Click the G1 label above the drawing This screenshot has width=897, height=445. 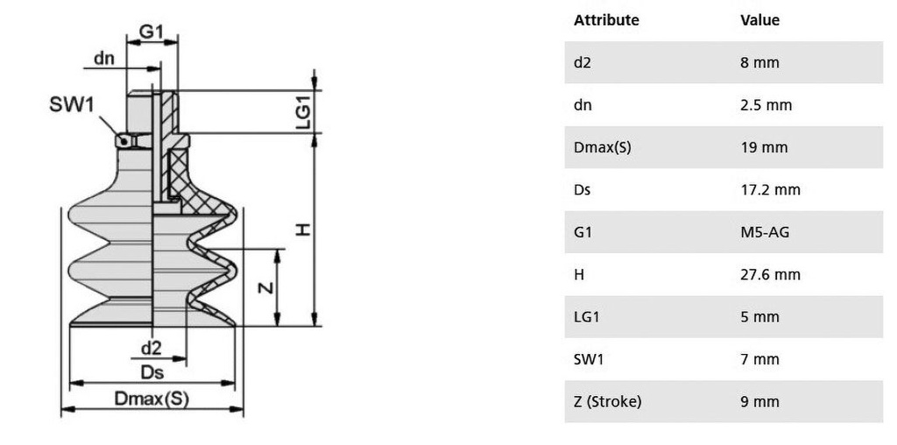pos(151,32)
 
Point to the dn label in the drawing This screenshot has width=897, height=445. pos(103,58)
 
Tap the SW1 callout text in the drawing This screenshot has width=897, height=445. pos(72,104)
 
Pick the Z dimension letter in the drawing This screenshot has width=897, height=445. pos(265,287)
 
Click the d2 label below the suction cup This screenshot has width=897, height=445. pos(151,348)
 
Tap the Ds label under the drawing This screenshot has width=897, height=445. pos(152,372)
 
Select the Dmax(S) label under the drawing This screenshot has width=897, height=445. pos(152,399)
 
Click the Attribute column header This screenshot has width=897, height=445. pos(606,20)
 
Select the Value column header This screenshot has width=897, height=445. pos(759,20)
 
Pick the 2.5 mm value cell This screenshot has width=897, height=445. pos(766,105)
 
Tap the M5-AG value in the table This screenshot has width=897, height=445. pos(764,232)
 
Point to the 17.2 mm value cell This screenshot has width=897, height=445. pos(770,190)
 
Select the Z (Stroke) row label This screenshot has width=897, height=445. pos(608,401)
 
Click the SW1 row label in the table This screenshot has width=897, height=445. pos(588,359)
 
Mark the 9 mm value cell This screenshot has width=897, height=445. pos(759,401)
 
